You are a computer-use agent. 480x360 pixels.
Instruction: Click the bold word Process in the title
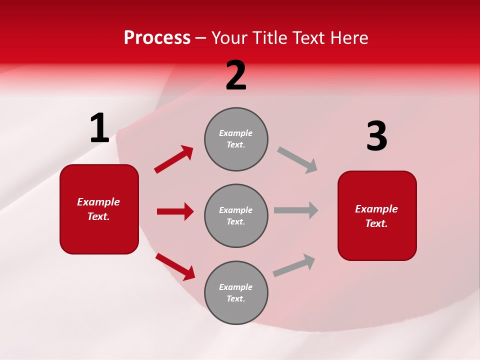(157, 38)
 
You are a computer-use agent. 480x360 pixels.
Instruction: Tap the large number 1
(99, 128)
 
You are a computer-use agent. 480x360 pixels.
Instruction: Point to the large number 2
(236, 75)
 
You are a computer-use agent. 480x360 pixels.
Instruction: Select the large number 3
(376, 136)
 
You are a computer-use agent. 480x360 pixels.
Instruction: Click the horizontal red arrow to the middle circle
(175, 211)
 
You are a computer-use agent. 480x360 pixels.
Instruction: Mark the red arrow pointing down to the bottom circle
(175, 266)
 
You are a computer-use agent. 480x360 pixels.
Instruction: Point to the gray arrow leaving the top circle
(297, 160)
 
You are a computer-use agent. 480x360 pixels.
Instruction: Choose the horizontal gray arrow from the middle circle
(296, 210)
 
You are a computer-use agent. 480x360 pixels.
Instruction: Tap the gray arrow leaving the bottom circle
(294, 265)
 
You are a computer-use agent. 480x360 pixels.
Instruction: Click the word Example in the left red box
(98, 202)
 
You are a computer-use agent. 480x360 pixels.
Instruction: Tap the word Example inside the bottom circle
(235, 287)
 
